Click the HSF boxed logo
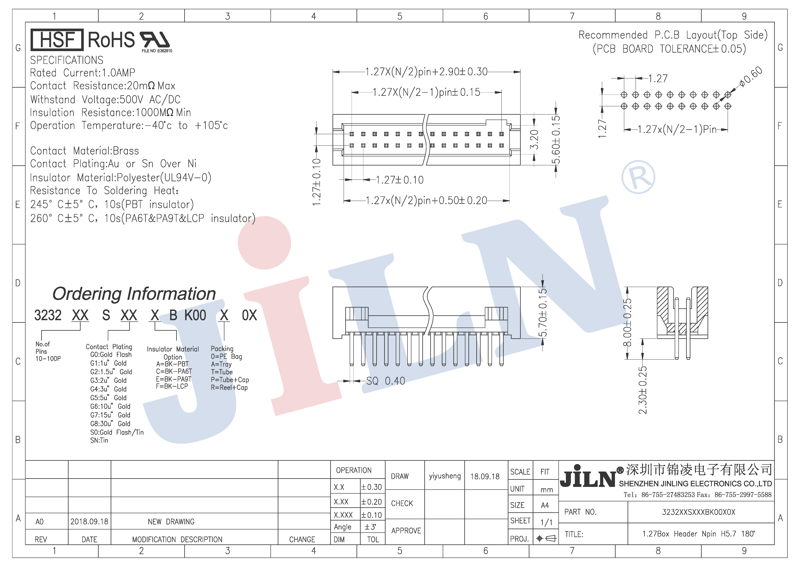coord(57,40)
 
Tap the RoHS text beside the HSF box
coord(111,40)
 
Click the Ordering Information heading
coord(134,294)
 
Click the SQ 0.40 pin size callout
coord(385,381)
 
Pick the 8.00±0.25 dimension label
coord(627,322)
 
